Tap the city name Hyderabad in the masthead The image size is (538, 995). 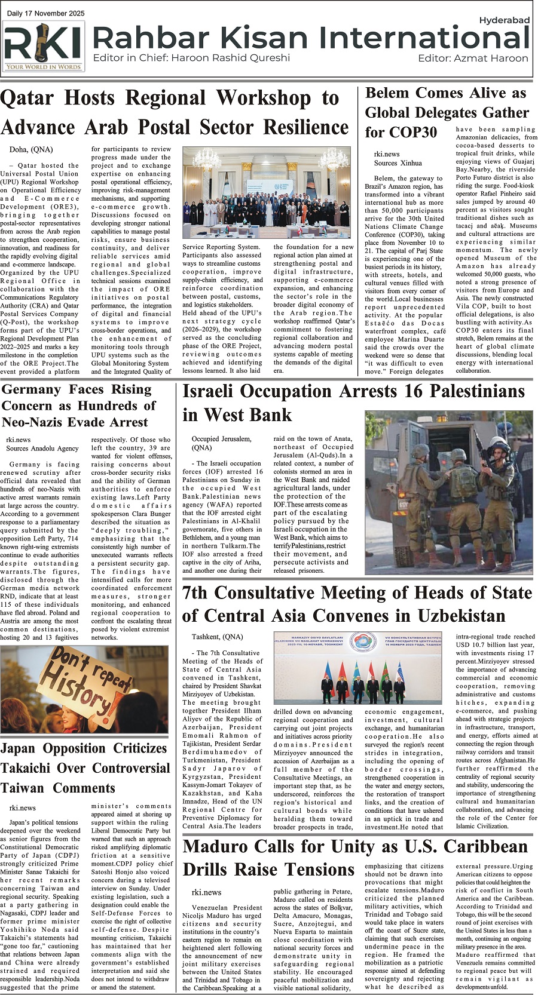504,20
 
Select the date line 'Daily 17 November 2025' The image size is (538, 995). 46,13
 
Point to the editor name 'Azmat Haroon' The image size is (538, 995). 491,59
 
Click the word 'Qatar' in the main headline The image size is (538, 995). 26,98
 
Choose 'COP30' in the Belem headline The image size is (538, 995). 412,132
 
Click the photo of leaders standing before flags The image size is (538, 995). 360,669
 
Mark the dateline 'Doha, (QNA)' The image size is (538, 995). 31,149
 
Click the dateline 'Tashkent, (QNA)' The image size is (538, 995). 217,637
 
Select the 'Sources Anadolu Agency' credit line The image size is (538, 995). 42,448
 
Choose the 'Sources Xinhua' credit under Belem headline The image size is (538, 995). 398,162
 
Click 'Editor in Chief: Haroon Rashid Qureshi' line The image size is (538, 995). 191,58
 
